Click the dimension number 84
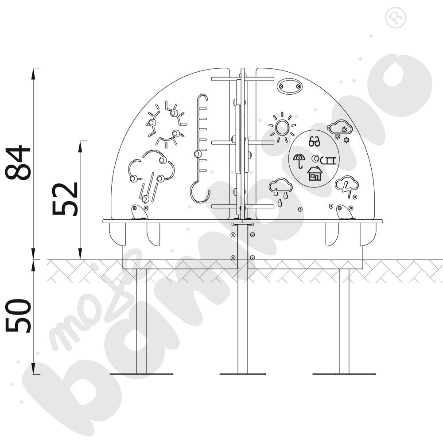pyautogui.click(x=18, y=163)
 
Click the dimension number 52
pyautogui.click(x=65, y=199)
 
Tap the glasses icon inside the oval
pyautogui.click(x=314, y=141)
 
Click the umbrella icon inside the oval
pyautogui.click(x=299, y=160)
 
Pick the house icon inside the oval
pyautogui.click(x=315, y=173)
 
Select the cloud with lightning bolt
pyautogui.click(x=347, y=187)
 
